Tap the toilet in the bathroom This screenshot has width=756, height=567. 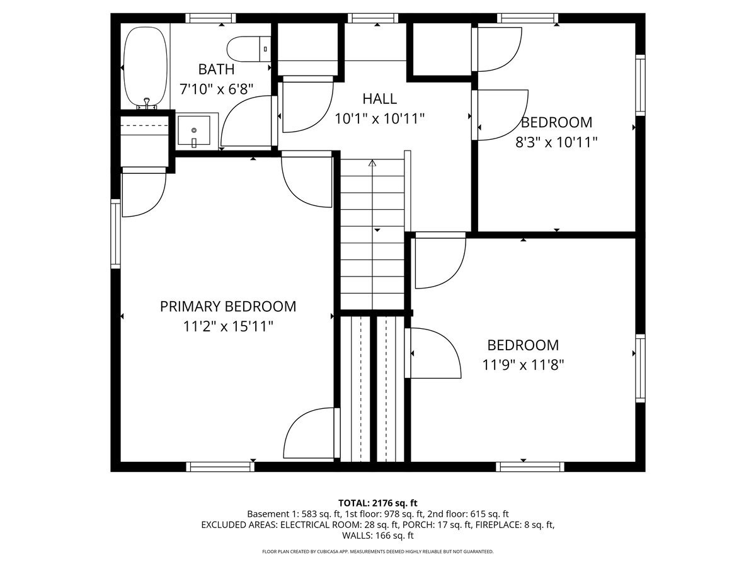(248, 48)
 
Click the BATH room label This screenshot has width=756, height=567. (216, 69)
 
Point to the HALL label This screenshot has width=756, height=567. (379, 99)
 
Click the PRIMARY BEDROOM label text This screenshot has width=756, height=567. (227, 307)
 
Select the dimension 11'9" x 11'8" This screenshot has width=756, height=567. (523, 364)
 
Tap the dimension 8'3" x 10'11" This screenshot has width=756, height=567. (556, 142)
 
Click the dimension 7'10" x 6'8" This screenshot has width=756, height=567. (216, 89)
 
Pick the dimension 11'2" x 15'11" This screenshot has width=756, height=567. (227, 326)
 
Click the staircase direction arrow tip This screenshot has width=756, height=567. (372, 163)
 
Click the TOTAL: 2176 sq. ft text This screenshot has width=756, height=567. (378, 503)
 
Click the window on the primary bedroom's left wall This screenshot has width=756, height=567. (115, 233)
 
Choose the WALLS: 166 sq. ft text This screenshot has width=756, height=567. (378, 536)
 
